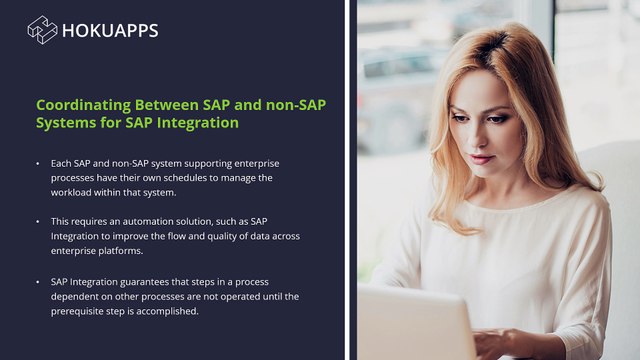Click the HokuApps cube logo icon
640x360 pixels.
(42, 30)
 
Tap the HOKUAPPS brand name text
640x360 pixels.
(110, 30)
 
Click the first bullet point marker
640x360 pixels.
(37, 162)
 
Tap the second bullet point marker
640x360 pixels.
(37, 220)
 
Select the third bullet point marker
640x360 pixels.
(37, 282)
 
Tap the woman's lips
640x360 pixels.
(483, 157)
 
